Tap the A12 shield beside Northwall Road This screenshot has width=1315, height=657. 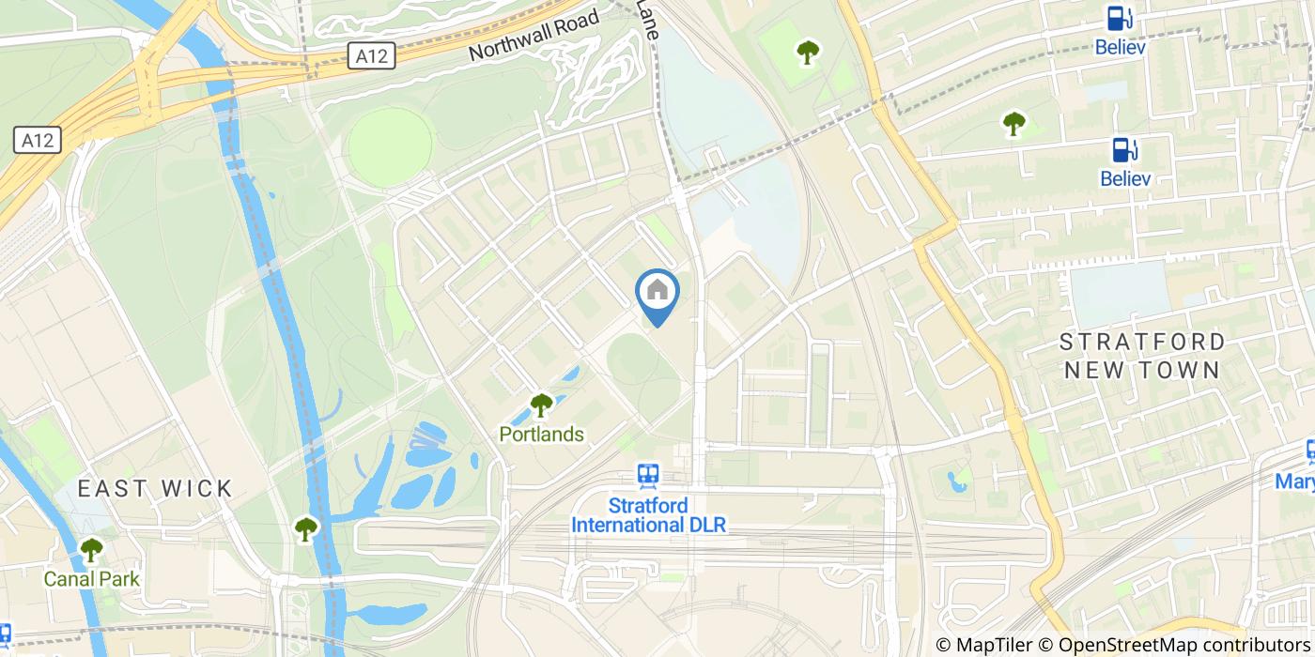tap(372, 56)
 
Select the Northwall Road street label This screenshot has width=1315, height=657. tap(534, 37)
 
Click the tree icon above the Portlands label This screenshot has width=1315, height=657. tap(541, 405)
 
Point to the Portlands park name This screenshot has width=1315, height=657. tap(541, 435)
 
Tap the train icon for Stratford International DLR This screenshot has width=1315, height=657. tap(648, 476)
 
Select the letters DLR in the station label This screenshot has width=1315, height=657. tap(710, 525)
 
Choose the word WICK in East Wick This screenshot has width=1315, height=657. tap(197, 488)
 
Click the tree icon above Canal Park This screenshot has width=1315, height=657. tap(91, 550)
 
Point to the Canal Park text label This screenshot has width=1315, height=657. tap(91, 579)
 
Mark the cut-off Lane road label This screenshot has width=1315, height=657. tap(648, 12)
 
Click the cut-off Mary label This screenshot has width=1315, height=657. tap(1294, 481)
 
